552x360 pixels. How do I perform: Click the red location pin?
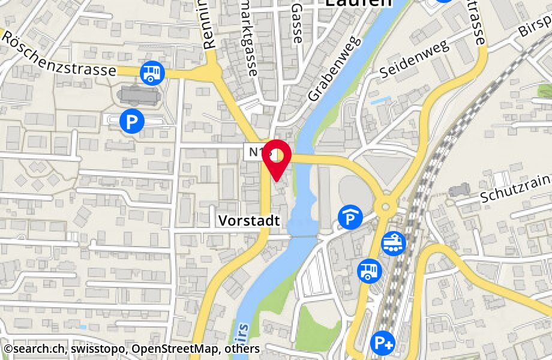pos(276,157)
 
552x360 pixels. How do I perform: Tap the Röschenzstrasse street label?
pos(58,54)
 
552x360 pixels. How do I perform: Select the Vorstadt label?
pos(249,221)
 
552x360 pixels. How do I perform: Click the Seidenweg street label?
pos(414,61)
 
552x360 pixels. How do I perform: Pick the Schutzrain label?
pos(515,187)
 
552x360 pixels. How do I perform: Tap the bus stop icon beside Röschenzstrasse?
pos(152,73)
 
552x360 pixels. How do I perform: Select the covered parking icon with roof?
pos(350,217)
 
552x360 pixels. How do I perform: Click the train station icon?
pos(394,242)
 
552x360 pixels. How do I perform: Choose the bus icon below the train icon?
pos(370,270)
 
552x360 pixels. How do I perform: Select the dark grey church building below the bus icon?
pos(139,95)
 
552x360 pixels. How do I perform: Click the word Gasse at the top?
pos(297,24)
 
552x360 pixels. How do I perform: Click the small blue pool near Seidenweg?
pos(379,101)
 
